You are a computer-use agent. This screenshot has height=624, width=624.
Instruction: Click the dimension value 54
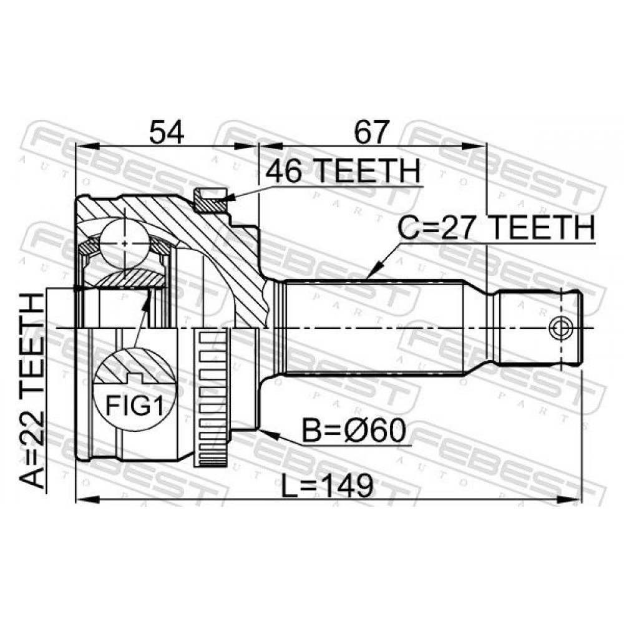click(x=167, y=132)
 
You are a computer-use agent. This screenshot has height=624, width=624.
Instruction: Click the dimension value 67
click(x=371, y=132)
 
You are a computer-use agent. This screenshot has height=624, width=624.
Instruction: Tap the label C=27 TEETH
click(x=497, y=228)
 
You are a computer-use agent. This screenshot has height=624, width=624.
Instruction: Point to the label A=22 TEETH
click(x=32, y=391)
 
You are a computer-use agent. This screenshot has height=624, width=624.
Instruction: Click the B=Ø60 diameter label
click(x=354, y=431)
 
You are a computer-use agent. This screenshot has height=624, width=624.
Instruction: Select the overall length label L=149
click(x=327, y=485)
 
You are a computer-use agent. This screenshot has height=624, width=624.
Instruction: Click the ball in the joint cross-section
click(x=125, y=243)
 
